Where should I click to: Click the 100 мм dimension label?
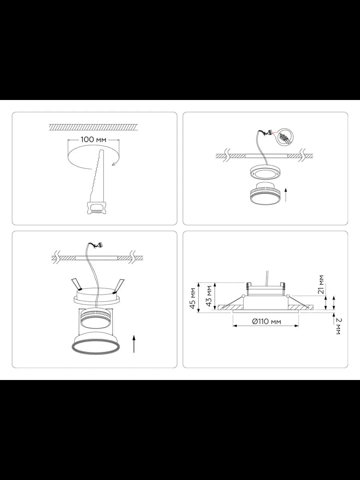point(93,140)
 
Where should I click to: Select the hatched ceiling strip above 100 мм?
point(93,127)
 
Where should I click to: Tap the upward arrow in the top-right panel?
point(286,195)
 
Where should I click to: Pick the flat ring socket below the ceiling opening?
point(265,172)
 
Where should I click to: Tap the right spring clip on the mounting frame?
point(119,286)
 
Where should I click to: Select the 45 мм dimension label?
point(192,298)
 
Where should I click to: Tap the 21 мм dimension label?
point(321,284)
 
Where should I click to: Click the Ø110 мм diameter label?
point(266,322)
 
